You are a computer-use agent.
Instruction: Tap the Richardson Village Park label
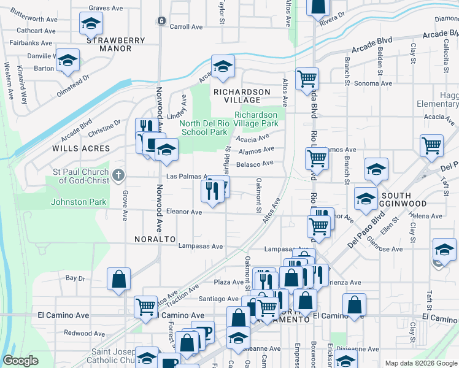[256, 119]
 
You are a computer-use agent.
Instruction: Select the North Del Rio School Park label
[204, 127]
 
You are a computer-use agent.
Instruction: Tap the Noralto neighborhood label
[151, 239]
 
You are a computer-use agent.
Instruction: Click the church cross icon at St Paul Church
[119, 176]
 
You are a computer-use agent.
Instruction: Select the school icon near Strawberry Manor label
[91, 24]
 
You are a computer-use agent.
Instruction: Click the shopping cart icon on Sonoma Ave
[306, 79]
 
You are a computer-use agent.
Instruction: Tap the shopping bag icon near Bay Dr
[119, 278]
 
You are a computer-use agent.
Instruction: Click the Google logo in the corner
[20, 361]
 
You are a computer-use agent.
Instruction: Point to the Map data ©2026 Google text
[420, 363]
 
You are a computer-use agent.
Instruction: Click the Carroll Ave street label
[186, 27]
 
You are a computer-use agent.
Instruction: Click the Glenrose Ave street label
[383, 249]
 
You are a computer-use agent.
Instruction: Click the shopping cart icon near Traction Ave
[145, 306]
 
